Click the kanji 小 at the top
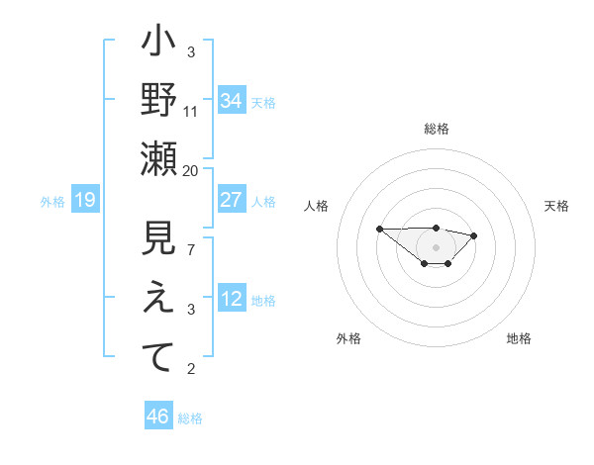coord(158,46)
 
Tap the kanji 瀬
coord(158,158)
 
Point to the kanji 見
coord(158,240)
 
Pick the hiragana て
coord(158,357)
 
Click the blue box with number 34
coord(232,100)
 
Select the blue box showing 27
coord(232,199)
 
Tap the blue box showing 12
coord(232,300)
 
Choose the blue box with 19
coord(84,201)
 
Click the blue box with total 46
coord(158,417)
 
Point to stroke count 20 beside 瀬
coord(191,170)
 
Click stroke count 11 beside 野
coord(191,111)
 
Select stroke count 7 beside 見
coord(191,249)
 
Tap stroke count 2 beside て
coord(191,369)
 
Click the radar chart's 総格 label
coord(436,129)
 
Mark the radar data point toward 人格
coord(380,229)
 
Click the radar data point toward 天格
coord(474,235)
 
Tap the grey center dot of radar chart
coord(436,246)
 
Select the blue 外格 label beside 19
coord(52,202)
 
